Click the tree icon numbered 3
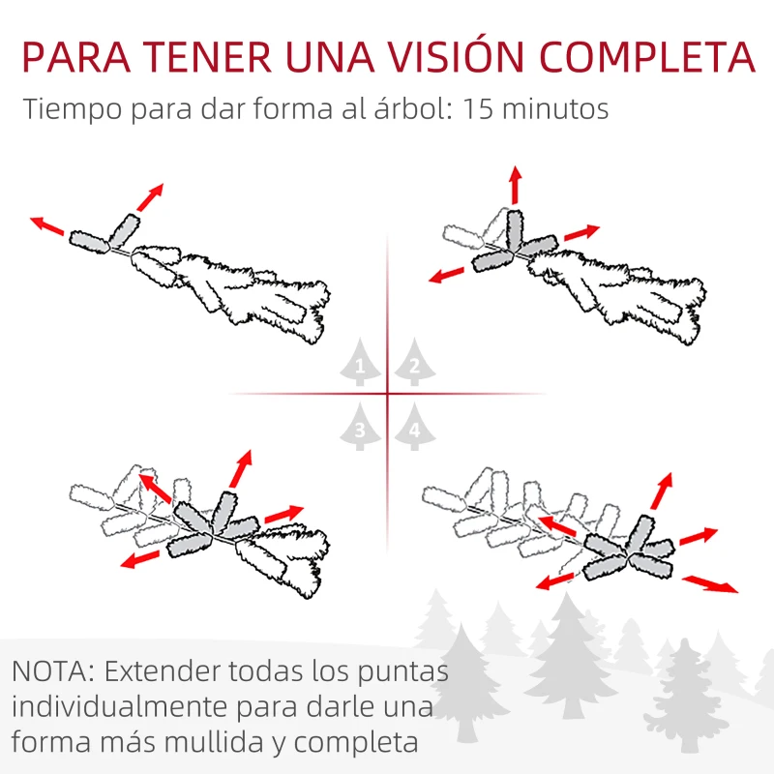point(360,428)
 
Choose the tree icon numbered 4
point(414,428)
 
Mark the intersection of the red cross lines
point(388,394)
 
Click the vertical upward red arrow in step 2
point(515,186)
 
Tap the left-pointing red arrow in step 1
point(48,227)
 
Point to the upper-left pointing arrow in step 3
point(155,488)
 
